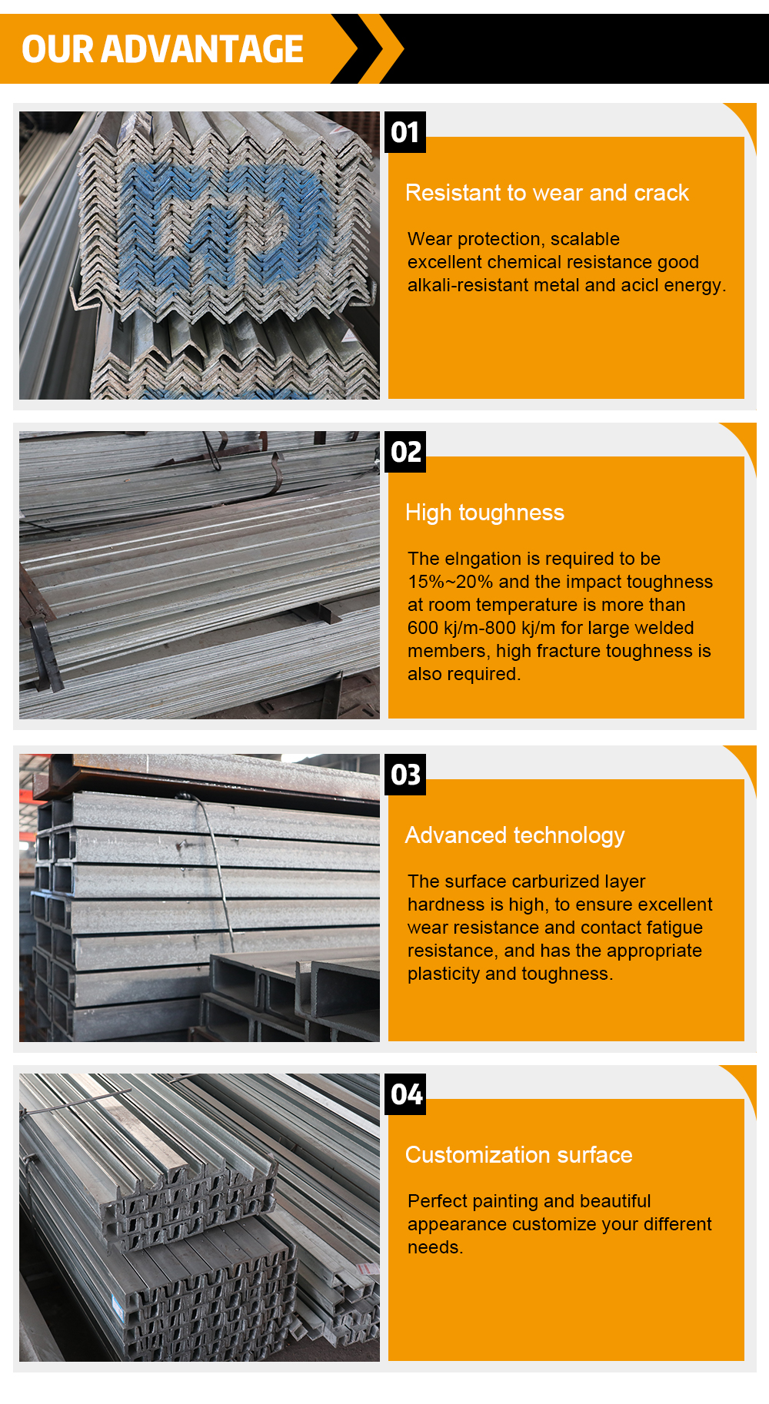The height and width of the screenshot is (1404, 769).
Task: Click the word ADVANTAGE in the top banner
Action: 202,49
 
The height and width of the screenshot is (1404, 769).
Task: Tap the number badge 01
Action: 405,132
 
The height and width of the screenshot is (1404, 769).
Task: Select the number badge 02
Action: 405,452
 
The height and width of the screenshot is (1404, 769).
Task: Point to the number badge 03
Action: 405,775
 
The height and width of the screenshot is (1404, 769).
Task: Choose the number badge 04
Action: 405,1094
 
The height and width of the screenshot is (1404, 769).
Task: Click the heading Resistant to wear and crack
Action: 547,193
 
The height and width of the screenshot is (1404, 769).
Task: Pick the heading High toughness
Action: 484,513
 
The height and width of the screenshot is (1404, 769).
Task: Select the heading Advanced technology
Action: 514,836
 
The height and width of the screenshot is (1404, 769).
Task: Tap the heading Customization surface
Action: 518,1155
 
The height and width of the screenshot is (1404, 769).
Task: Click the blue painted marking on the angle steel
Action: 223,223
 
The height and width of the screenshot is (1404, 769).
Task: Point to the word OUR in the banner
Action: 57,49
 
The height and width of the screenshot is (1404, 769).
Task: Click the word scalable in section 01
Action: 585,239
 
